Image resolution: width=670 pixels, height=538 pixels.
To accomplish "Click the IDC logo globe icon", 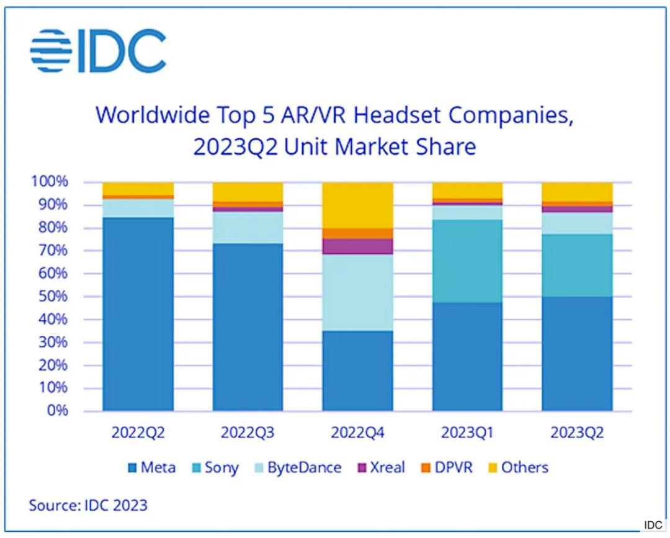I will click(51, 51).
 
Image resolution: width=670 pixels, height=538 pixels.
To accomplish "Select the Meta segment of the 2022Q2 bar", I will click(138, 313).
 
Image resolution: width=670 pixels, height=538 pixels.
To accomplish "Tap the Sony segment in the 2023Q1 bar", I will click(467, 261).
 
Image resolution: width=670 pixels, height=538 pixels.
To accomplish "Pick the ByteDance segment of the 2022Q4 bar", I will click(357, 293).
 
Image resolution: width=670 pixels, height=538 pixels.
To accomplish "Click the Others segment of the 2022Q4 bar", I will click(357, 205).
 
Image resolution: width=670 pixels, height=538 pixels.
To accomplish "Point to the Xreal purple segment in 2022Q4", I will click(357, 246).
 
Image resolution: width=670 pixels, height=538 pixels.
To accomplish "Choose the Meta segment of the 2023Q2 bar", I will click(577, 353).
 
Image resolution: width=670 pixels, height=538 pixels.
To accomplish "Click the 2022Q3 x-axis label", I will click(248, 433).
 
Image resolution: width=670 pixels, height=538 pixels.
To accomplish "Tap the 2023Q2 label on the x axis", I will click(577, 433).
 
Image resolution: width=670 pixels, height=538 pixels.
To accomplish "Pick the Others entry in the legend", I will click(517, 467).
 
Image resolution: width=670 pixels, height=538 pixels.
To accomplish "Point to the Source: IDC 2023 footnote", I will click(88, 505).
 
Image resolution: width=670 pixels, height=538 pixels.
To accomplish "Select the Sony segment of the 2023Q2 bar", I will click(577, 265).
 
